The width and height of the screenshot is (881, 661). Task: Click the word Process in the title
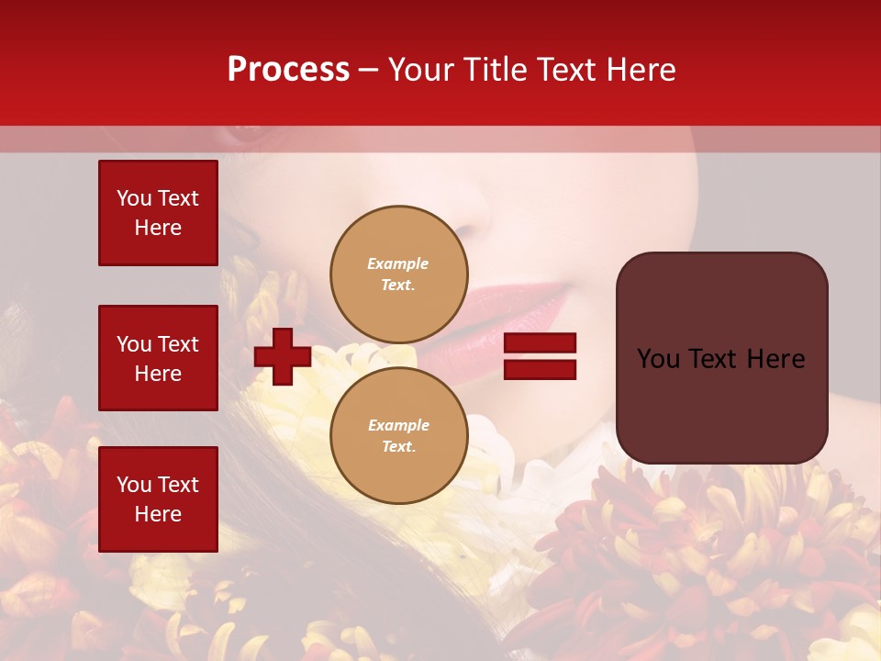tap(288, 70)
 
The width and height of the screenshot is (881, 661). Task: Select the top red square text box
tap(158, 213)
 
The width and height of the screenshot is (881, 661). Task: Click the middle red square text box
tap(158, 358)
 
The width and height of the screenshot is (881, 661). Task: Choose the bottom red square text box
tap(158, 499)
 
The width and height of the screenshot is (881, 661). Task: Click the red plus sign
tap(283, 356)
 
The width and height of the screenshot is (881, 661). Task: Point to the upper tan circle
tap(399, 274)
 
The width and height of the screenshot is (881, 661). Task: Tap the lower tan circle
tap(399, 436)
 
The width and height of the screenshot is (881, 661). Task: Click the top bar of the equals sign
tap(541, 343)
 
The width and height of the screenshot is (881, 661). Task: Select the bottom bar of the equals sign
tap(541, 369)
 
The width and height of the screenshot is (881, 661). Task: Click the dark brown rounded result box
tap(721, 358)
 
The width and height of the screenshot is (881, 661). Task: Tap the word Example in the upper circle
tap(397, 263)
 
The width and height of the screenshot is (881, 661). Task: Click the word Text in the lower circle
tap(397, 447)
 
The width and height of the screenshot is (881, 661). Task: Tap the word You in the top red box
tap(133, 198)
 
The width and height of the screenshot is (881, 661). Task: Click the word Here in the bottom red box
tap(158, 514)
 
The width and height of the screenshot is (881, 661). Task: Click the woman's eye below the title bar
tap(246, 134)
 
